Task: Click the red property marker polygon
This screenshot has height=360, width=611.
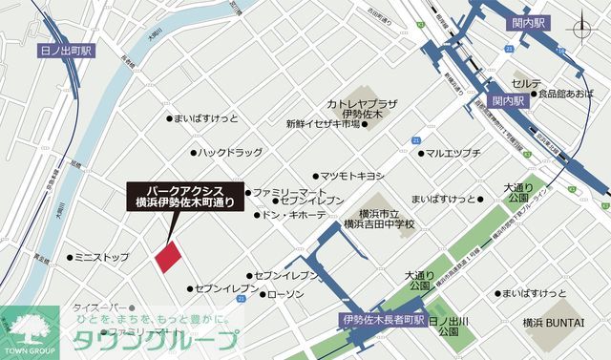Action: pos(167,256)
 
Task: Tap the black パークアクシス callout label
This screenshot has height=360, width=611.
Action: pos(187,196)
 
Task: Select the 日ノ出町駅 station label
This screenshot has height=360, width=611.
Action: pos(65,51)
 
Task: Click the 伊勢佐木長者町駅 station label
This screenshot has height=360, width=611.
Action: pos(382,321)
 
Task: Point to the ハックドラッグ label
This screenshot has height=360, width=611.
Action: pos(230,152)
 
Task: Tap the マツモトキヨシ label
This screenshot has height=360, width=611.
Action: pos(351,176)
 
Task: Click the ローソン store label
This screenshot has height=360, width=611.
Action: pos(285,294)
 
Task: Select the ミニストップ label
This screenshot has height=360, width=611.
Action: pos(101,258)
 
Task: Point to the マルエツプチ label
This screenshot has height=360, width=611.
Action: pos(453,153)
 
